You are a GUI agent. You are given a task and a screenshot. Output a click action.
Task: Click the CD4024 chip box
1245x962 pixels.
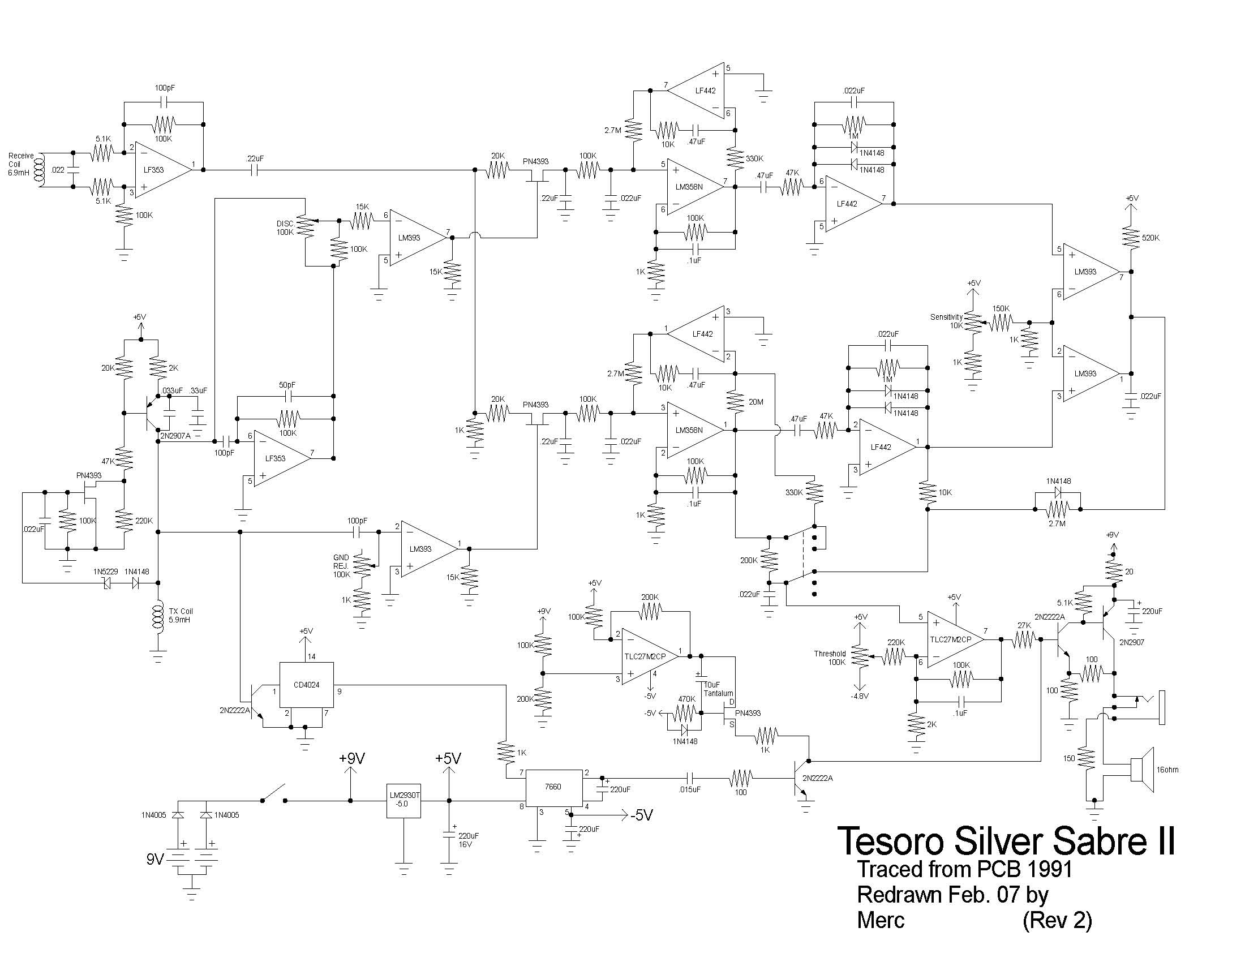pos(306,685)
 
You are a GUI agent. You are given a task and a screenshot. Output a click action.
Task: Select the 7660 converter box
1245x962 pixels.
pos(553,787)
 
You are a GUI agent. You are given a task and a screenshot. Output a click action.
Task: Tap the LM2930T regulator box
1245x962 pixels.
pos(403,800)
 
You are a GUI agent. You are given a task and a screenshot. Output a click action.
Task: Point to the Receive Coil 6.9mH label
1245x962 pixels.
pos(21,164)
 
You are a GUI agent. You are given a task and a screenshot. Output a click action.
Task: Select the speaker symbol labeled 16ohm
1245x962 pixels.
pos(1143,770)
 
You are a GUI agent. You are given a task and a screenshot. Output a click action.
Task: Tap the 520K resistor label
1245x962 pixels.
pos(1150,238)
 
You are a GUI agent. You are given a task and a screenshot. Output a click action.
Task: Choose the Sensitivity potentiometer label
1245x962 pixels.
pos(946,317)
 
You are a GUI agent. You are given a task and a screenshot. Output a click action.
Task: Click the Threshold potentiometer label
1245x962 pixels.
pos(830,654)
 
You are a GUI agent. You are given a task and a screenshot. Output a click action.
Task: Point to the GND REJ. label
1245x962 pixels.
pos(341,562)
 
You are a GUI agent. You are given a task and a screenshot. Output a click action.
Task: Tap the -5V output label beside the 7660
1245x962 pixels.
pos(641,815)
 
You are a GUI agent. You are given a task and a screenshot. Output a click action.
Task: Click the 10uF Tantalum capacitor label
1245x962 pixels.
pos(717,689)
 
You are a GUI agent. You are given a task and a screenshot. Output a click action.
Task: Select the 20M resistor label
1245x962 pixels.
pos(755,402)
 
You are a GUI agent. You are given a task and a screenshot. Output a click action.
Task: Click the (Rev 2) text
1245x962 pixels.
pos(1057,920)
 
